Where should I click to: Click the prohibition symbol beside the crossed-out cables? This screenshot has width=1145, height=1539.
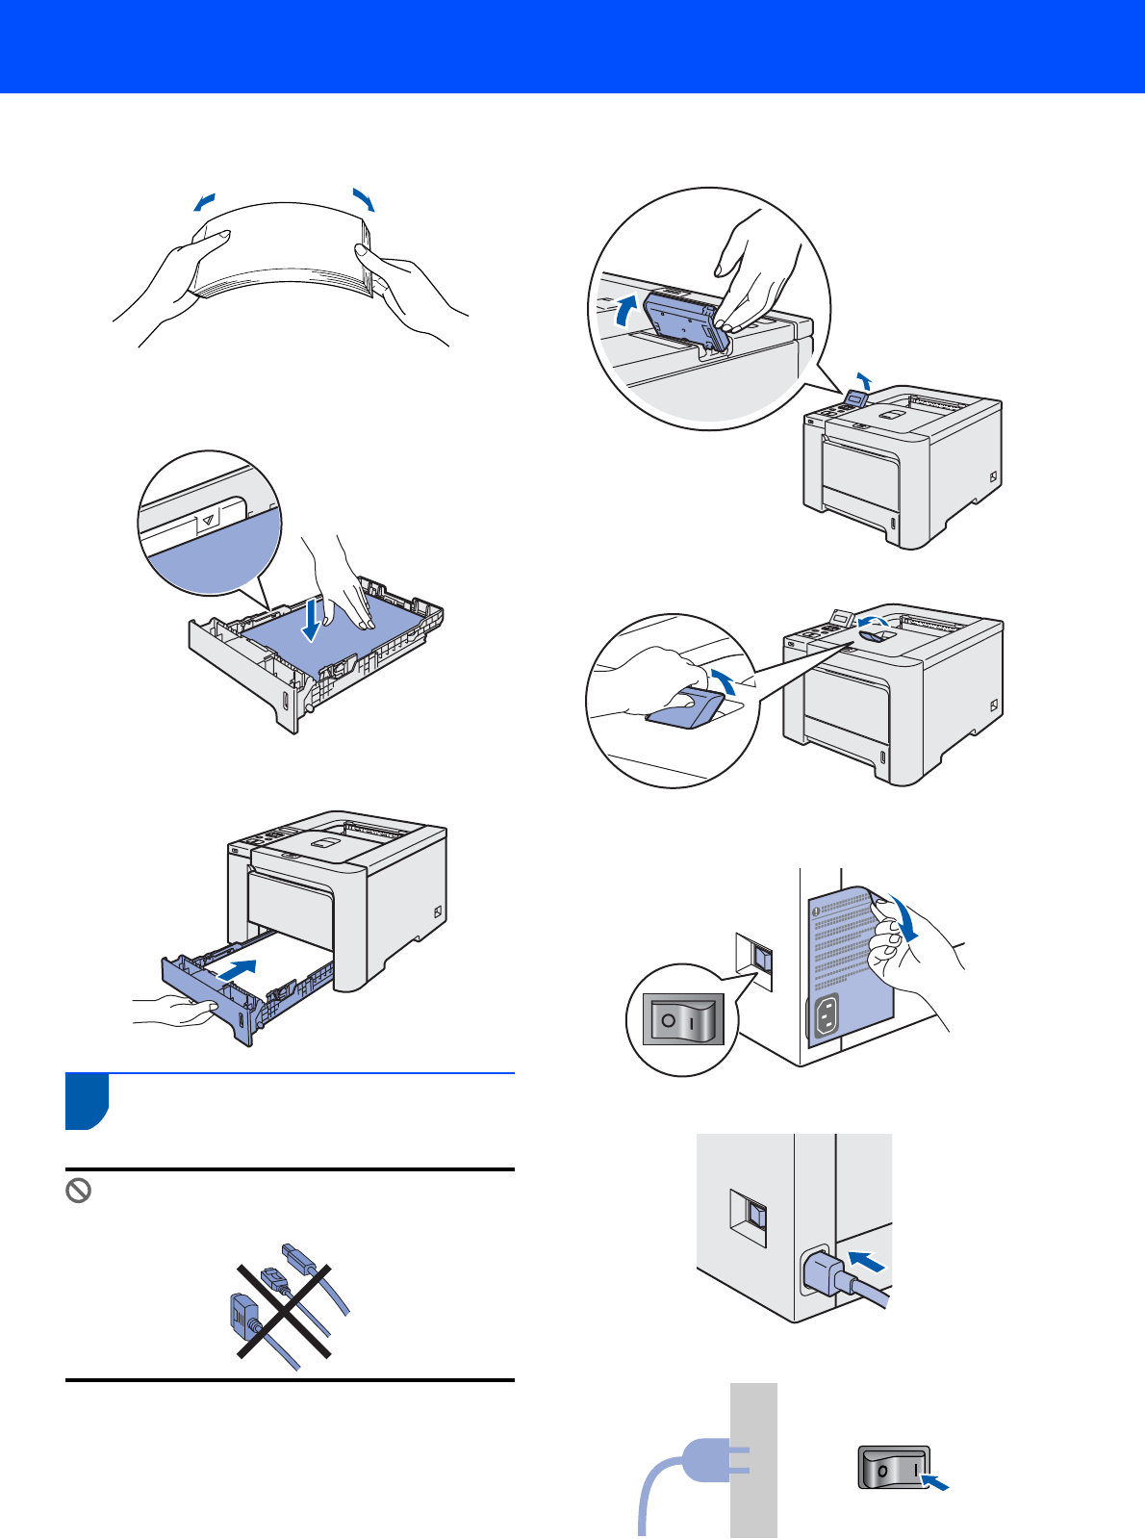point(78,1192)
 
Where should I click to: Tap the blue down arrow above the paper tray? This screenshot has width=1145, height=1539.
point(310,621)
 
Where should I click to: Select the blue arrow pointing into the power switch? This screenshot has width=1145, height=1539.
point(934,1482)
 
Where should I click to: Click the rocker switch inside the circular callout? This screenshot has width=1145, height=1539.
point(683,1019)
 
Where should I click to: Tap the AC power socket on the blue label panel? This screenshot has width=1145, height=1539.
point(826,1016)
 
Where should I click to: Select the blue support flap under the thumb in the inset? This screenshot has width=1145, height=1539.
point(686,710)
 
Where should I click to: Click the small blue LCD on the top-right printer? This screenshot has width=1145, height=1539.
point(854,398)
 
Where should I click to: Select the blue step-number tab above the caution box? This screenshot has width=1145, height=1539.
point(87,1101)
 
